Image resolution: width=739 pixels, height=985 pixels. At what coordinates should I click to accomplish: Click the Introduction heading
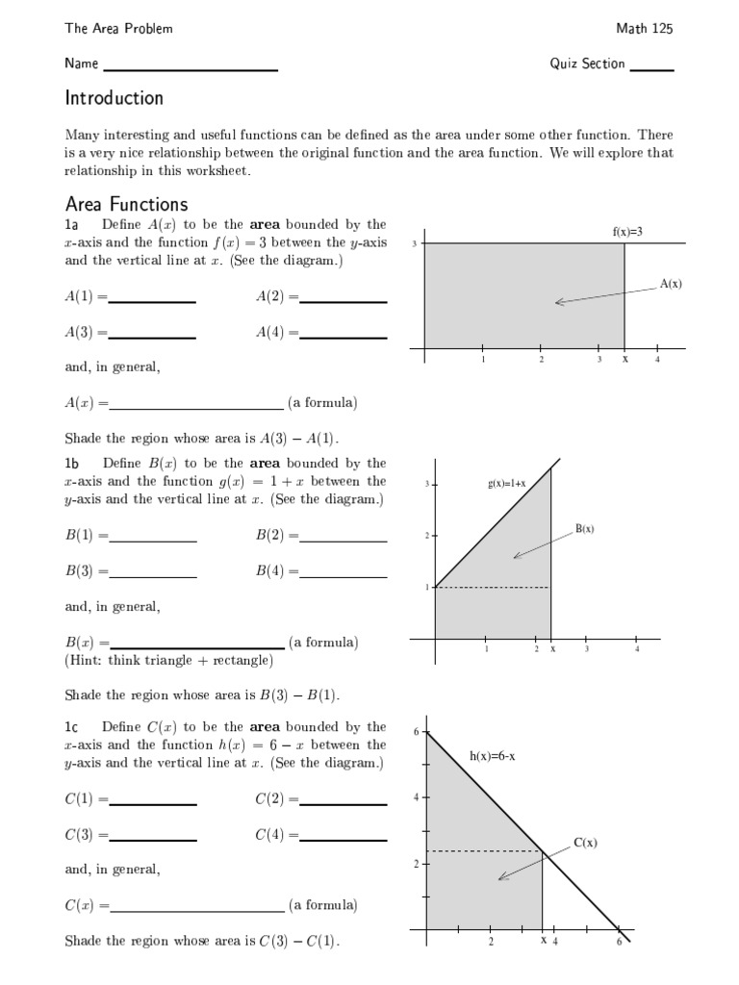point(114,98)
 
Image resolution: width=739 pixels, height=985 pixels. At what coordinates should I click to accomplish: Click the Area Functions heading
point(126,204)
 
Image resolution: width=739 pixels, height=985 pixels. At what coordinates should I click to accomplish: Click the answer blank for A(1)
point(152,301)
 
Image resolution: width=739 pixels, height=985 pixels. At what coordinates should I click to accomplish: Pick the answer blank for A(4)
point(344,336)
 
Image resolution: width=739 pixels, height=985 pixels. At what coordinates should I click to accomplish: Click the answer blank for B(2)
point(344,541)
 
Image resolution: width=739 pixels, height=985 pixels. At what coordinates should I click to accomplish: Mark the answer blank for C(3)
point(153,839)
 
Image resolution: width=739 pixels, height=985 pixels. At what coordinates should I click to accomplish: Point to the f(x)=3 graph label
point(626,232)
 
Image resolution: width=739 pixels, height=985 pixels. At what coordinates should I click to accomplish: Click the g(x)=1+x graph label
point(506,483)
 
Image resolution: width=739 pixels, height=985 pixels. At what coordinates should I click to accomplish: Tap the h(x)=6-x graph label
point(493,756)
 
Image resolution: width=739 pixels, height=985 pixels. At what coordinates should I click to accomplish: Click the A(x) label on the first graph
point(671,284)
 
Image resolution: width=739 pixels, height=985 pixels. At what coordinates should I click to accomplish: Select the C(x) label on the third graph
point(586,843)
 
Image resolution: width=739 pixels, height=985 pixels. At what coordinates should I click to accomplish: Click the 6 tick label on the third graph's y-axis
point(416,733)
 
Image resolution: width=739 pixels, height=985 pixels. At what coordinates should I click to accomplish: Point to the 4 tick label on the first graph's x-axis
point(657,360)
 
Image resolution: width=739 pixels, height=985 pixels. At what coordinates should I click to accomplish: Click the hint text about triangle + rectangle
point(168,661)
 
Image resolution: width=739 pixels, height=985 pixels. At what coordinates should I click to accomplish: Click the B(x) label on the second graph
point(585,528)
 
